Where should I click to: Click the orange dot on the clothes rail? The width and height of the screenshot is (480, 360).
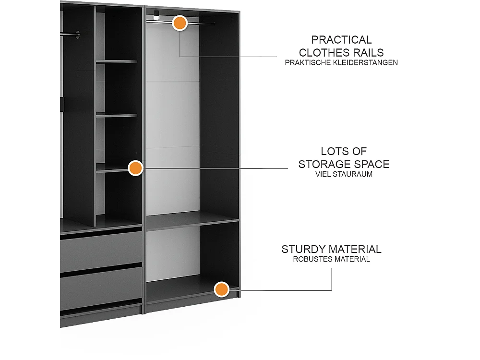tap(180, 23)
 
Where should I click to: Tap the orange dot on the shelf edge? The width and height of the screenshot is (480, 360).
tap(136, 168)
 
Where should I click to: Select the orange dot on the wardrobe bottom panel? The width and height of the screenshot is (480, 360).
tap(221, 289)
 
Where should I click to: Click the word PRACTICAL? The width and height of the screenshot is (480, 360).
tap(341, 40)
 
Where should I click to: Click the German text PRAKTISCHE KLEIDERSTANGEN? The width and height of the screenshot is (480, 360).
tap(341, 62)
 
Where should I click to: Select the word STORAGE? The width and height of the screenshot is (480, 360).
tap(323, 164)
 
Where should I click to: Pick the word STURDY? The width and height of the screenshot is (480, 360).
tap(304, 249)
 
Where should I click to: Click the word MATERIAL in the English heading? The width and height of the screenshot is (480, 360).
tap(355, 249)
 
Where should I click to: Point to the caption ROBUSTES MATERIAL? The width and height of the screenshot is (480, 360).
tap(331, 259)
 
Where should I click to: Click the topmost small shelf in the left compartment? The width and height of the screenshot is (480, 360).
tap(116, 61)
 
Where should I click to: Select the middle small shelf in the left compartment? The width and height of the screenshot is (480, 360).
tap(116, 115)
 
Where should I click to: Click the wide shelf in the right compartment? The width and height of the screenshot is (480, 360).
tap(192, 220)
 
